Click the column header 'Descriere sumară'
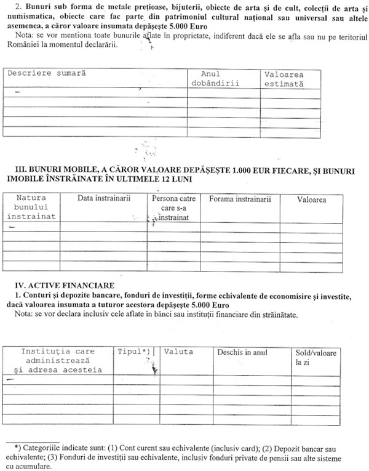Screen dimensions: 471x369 (x=46, y=73)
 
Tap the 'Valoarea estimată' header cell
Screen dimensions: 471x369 (x=284, y=79)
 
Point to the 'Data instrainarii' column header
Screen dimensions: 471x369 (x=104, y=199)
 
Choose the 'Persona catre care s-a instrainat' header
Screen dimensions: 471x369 (x=173, y=208)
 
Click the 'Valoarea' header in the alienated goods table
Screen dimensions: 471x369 (x=311, y=199)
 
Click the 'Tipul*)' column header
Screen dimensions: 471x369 (x=134, y=352)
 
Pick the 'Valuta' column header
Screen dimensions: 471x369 (x=178, y=352)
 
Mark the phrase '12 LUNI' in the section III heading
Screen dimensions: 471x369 (x=175, y=179)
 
